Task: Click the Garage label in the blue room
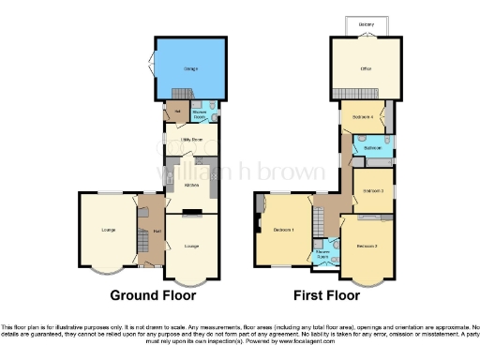(190, 68)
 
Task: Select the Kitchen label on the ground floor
(192, 185)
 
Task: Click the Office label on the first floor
(366, 69)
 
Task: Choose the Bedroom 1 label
(284, 230)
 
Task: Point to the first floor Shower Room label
(322, 253)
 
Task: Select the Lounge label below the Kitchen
(192, 246)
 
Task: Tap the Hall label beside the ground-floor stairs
(157, 231)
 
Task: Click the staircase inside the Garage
(180, 94)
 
